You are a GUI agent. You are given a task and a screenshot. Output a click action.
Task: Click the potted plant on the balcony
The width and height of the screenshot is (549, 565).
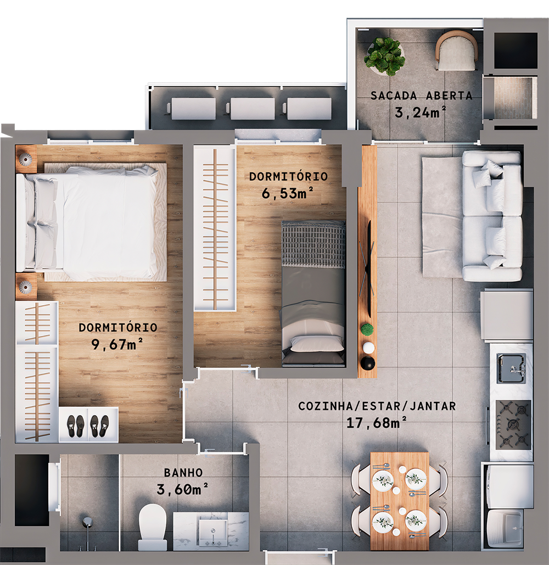(x=385, y=55)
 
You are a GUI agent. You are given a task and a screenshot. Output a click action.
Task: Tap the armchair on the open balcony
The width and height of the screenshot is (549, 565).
(x=456, y=51)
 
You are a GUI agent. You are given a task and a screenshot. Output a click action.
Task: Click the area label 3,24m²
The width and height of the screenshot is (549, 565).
(x=420, y=113)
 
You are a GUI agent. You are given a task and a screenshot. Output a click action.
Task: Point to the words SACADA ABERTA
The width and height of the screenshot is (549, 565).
(x=421, y=96)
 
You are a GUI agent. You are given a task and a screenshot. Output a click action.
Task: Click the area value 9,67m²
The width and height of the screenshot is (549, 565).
(x=118, y=344)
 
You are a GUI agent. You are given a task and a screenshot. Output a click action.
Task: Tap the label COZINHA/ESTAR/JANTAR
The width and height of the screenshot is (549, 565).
(x=377, y=406)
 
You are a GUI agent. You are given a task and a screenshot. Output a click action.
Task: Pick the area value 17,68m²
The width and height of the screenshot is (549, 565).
(x=377, y=423)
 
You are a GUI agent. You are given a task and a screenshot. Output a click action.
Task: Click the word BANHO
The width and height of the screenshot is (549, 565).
(x=183, y=473)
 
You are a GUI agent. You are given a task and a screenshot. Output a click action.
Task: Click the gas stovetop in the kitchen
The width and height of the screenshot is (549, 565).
(x=513, y=424)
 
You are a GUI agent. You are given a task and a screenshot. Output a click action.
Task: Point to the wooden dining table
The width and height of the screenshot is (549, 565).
(x=399, y=500)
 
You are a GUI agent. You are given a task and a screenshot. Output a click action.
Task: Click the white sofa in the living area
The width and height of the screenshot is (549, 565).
(x=492, y=216)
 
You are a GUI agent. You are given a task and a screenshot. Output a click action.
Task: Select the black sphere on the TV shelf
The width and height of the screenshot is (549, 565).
(x=367, y=363)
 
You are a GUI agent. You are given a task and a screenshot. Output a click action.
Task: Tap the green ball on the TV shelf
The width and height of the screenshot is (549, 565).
(x=367, y=329)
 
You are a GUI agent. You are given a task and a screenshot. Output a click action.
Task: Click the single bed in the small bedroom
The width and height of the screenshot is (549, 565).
(x=313, y=294)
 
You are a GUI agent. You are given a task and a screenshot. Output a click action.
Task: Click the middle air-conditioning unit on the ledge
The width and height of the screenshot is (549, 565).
(x=253, y=108)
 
